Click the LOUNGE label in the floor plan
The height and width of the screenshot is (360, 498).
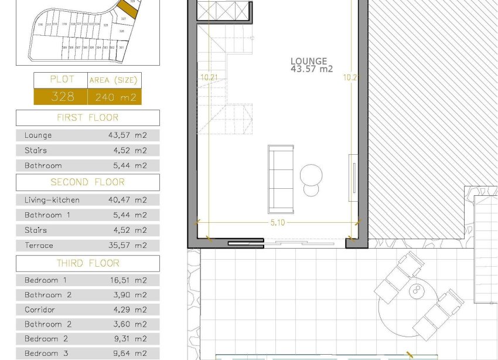pos(308,61)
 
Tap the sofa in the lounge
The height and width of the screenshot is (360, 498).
pos(281,179)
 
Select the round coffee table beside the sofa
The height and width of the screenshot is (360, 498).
pos(311,175)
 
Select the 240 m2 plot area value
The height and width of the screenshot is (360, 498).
pos(115,97)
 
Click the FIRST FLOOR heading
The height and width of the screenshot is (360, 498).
pos(87,118)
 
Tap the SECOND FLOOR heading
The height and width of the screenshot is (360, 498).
pos(87,182)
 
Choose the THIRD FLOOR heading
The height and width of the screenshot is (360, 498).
pos(87,263)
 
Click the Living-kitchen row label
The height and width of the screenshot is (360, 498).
pos(52,200)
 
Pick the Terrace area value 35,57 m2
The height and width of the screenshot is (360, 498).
pos(128,246)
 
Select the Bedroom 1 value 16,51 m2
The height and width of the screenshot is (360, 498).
pos(128,280)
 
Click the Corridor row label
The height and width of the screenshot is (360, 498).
pos(40,310)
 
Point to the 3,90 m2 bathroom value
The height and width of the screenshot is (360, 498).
pos(128,295)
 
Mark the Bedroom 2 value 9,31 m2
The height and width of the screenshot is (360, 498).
pos(128,339)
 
